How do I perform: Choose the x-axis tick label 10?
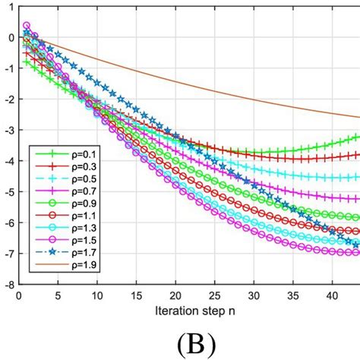click(x=96, y=296)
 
